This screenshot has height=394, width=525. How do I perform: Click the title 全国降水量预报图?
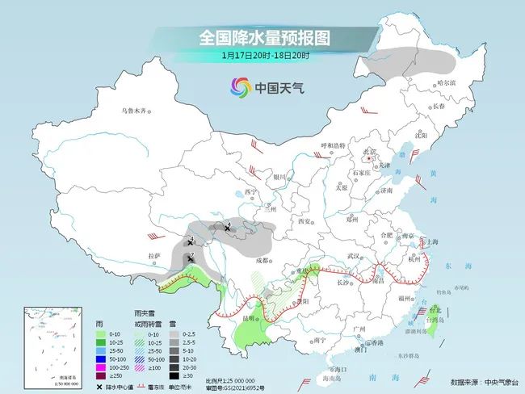click(x=262, y=38)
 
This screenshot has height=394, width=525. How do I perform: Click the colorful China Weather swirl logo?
click(x=240, y=87)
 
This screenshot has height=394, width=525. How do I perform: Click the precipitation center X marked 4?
click(x=228, y=229)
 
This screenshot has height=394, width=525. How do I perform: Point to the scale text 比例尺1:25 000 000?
click(x=230, y=379)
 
